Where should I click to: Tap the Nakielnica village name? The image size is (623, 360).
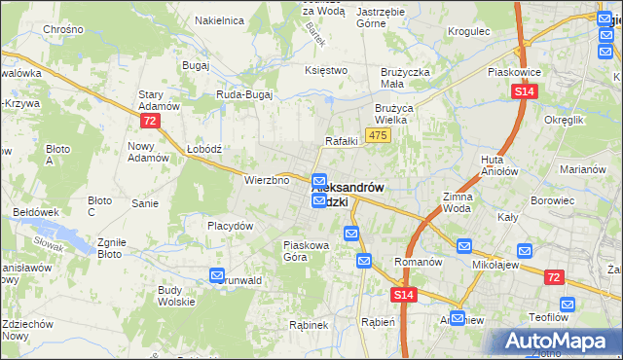coord(218,19)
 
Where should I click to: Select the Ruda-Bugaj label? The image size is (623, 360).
coord(243,94)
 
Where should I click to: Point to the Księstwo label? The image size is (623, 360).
coord(326,70)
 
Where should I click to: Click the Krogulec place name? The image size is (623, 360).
coord(468,31)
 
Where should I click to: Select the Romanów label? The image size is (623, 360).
coord(419,262)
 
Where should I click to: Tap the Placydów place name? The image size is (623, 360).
coord(230,226)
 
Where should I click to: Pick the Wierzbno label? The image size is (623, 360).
coord(267,180)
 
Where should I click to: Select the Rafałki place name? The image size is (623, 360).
coord(342,140)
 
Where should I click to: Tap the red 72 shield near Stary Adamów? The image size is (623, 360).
coord(149,121)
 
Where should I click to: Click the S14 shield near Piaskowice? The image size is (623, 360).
coord(524,91)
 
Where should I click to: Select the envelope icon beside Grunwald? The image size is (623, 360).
coord(216,275)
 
